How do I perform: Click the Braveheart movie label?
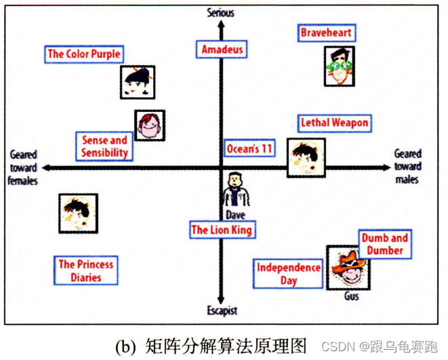pyautogui.click(x=327, y=33)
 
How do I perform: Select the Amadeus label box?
pyautogui.click(x=222, y=49)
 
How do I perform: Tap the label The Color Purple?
pyautogui.click(x=83, y=54)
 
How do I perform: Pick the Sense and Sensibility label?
pyautogui.click(x=104, y=146)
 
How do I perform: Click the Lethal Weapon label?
pyautogui.click(x=334, y=123)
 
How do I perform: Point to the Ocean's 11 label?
pyautogui.click(x=249, y=148)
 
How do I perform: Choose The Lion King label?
pyautogui.click(x=222, y=230)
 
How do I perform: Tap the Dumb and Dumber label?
pyautogui.click(x=384, y=244)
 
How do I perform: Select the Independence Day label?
pyautogui.click(x=288, y=274)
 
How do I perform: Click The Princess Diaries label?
pyautogui.click(x=85, y=271)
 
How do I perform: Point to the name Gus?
pyautogui.click(x=351, y=296)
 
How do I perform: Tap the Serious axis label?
pyautogui.click(x=221, y=12)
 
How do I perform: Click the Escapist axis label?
pyautogui.click(x=222, y=311)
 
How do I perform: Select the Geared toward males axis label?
pyautogui.click(x=407, y=167)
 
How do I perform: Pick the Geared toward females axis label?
pyautogui.click(x=23, y=167)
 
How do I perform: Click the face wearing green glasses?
pyautogui.click(x=339, y=66)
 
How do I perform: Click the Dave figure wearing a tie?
pyautogui.click(x=235, y=190)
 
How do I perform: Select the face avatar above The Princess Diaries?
pyautogui.click(x=78, y=213)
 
